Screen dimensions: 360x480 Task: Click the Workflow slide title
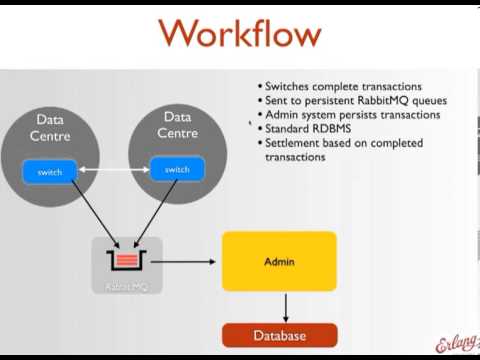(240, 34)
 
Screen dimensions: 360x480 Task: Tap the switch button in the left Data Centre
(50, 172)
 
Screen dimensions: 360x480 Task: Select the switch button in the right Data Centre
(177, 169)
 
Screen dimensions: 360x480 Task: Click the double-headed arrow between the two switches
(113, 171)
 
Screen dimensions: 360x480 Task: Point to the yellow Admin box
(279, 261)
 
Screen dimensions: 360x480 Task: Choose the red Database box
(279, 335)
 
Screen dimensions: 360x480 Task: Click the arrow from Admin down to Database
(286, 307)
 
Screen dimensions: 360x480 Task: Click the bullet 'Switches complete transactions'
(339, 86)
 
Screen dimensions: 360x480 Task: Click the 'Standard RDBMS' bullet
(309, 129)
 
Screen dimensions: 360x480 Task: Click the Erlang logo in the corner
(457, 342)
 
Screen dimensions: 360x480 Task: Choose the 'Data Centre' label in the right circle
(176, 124)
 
